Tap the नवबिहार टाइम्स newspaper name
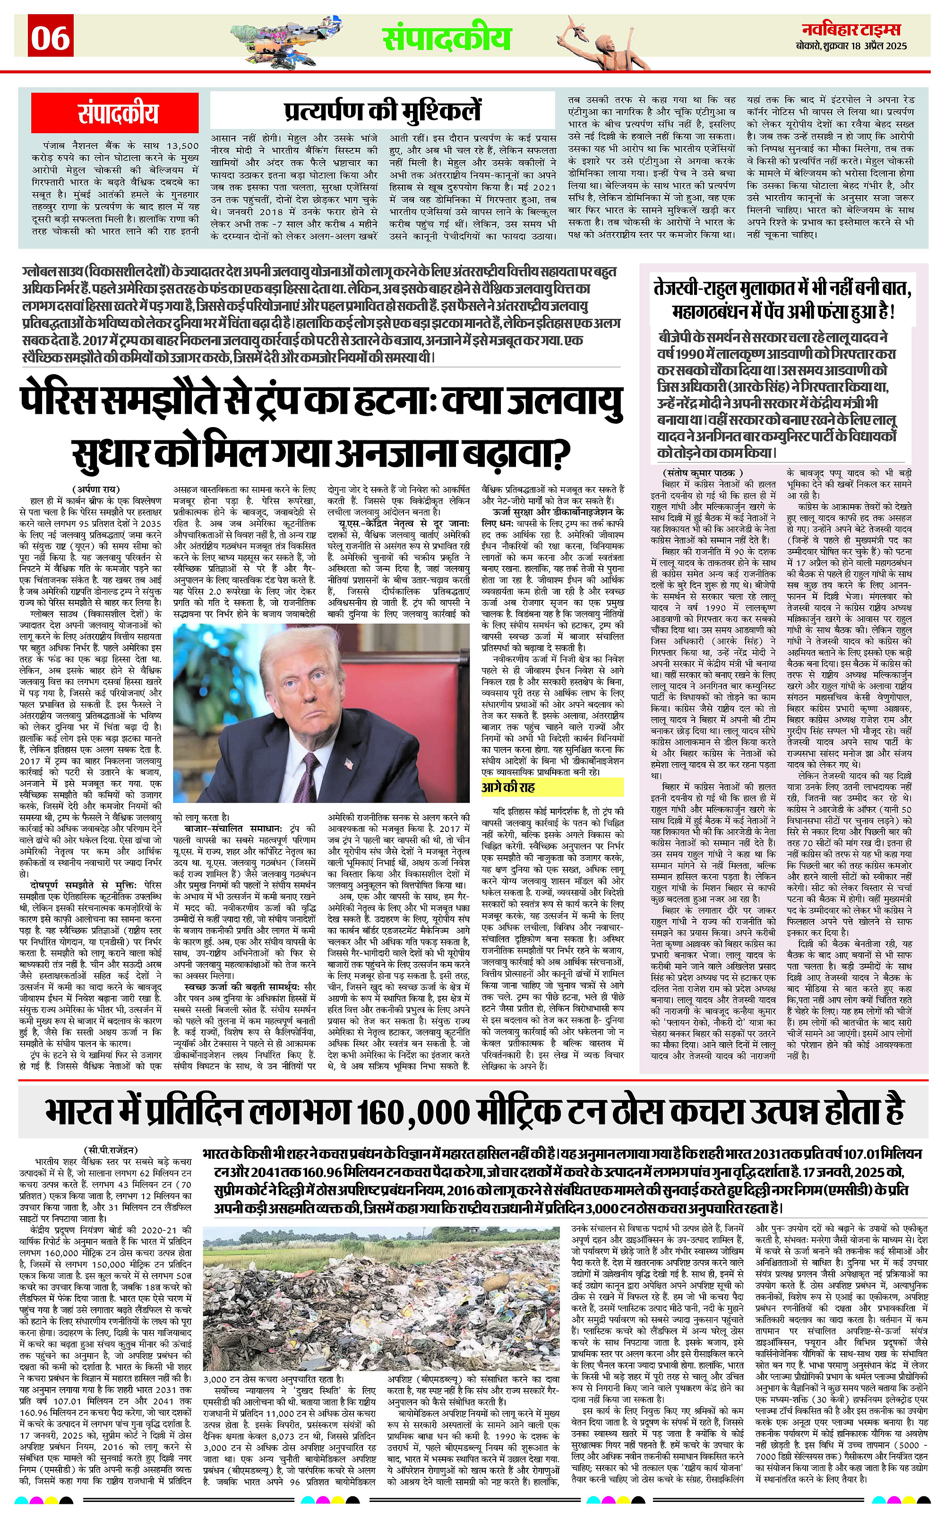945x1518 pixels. click(x=851, y=29)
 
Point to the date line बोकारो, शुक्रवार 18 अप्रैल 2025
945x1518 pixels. click(x=851, y=46)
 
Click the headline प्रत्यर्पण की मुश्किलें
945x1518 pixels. click(x=383, y=111)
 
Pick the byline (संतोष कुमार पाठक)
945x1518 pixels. click(x=703, y=473)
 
